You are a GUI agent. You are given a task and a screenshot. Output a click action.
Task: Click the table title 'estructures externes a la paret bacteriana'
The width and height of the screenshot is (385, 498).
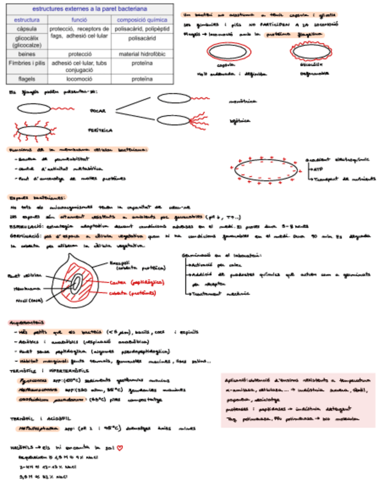(90, 9)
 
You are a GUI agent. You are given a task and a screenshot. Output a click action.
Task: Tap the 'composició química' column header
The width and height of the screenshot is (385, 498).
(142, 19)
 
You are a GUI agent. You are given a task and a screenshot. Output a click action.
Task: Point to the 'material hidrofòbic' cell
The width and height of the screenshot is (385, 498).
(142, 53)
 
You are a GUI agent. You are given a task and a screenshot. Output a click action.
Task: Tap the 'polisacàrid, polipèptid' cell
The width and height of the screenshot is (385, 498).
(142, 28)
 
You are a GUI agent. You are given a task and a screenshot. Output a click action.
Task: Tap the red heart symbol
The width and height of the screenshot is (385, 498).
(120, 448)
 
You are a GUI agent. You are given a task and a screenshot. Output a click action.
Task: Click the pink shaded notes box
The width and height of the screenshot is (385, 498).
(298, 399)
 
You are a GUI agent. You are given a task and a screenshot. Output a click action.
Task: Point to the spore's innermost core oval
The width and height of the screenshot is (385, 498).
(76, 282)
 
